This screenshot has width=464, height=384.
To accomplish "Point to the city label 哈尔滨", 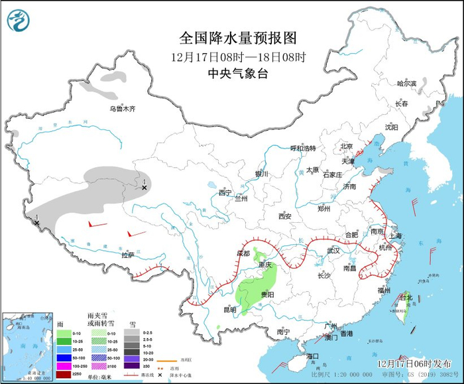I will pos(406,84).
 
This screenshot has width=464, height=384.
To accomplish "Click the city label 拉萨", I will pos(128,254).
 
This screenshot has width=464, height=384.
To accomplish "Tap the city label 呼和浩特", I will pos(304,148).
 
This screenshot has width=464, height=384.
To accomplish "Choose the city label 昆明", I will pos(230,309).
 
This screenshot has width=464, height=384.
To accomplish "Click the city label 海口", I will pos(313,356).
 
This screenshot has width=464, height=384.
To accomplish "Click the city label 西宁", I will pos(225,193).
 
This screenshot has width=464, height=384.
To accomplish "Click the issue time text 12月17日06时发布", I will pos(410,363).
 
